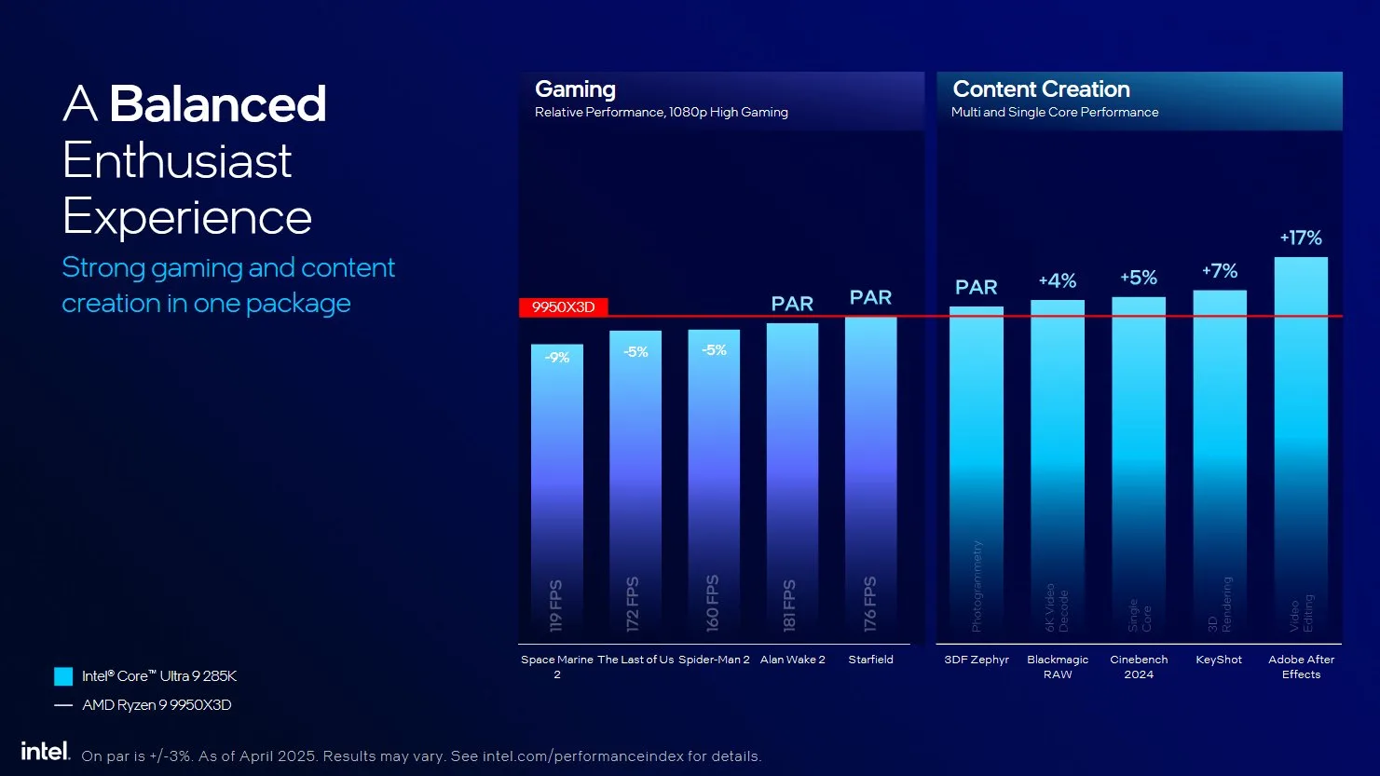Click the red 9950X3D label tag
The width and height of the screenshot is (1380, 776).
[x=563, y=307]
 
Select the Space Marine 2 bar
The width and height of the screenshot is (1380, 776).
[x=557, y=484]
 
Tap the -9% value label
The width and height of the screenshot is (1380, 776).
[x=557, y=358]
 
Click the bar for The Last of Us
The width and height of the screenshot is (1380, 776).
[x=635, y=484]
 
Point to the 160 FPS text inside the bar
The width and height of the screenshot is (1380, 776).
[x=713, y=604]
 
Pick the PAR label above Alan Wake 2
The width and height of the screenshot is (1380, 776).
[x=792, y=304]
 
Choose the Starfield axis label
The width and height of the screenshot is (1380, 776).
[x=870, y=660]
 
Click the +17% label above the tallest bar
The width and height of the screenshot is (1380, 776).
[x=1301, y=238]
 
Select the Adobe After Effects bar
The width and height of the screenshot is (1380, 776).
[x=1301, y=447]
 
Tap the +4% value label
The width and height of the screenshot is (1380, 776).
[x=1058, y=280]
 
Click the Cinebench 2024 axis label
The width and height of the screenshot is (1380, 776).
[x=1139, y=666]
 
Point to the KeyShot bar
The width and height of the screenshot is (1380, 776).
[x=1220, y=466]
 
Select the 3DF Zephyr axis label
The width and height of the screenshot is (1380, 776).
[x=977, y=660]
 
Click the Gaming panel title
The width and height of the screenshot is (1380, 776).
[x=575, y=89]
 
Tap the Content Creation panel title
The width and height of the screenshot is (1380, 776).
[x=1041, y=89]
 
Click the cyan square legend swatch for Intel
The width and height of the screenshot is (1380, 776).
[x=63, y=676]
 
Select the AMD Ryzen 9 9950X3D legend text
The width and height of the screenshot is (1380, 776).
[x=157, y=705]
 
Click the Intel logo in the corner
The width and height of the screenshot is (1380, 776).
[x=45, y=751]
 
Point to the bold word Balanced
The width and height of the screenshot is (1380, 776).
[x=218, y=103]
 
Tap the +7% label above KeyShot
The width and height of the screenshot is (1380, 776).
[x=1220, y=271]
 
